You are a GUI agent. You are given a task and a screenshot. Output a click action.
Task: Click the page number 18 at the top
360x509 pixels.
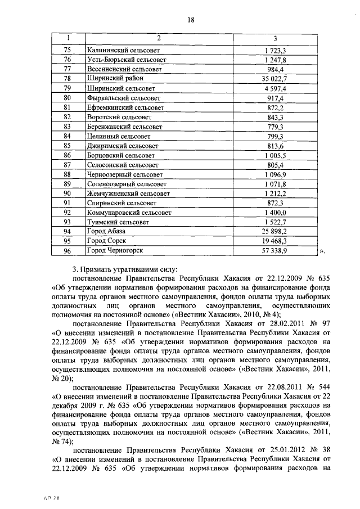[191, 20]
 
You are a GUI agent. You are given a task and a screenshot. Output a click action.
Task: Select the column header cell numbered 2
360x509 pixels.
[159, 38]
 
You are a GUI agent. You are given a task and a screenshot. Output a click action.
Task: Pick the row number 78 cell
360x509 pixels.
[67, 78]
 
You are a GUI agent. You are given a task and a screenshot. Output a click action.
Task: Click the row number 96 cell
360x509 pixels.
[67, 250]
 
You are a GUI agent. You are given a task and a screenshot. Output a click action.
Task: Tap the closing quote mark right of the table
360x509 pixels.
[323, 251]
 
